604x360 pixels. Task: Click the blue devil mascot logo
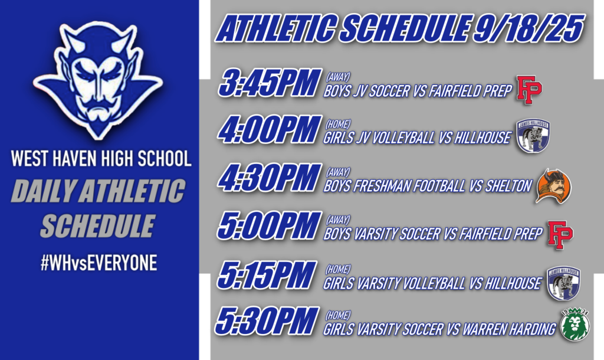point(97,80)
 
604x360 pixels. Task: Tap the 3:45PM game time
point(268,84)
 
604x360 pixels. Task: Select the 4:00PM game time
point(269,130)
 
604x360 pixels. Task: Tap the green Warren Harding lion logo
point(575,325)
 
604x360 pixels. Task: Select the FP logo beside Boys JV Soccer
point(529,90)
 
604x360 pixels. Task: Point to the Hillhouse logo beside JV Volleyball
point(533,137)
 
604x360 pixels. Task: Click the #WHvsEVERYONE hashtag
point(99,263)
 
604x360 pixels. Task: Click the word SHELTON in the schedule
point(509,186)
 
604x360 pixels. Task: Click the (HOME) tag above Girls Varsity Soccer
point(338,315)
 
